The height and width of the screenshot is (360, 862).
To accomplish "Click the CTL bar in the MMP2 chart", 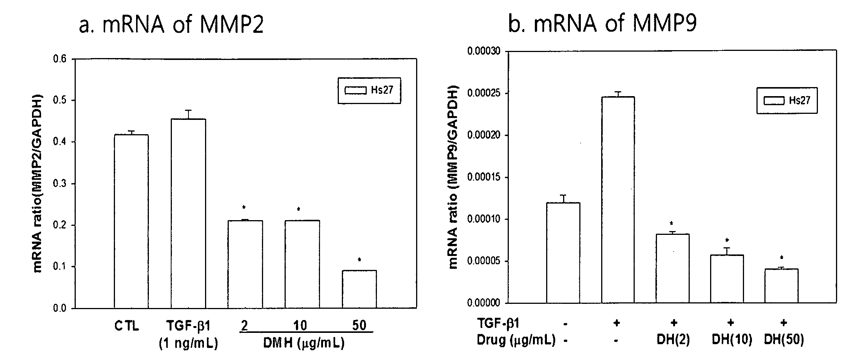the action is [131, 221].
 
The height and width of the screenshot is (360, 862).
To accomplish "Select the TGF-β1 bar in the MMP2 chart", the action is [188, 213].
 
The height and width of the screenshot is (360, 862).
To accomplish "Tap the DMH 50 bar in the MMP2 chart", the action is [359, 289].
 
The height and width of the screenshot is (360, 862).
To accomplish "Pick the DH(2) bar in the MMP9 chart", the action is [672, 268].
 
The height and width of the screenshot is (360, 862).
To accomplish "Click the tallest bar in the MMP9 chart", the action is [618, 199].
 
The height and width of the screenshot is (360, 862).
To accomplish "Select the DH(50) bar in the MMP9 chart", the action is [781, 285].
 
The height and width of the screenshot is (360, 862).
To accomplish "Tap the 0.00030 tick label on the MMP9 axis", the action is [484, 51].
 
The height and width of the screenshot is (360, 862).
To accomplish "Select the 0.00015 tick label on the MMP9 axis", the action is [484, 177].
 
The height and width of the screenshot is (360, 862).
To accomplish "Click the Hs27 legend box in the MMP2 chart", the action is [369, 90].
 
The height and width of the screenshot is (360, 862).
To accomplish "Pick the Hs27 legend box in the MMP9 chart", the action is [787, 100].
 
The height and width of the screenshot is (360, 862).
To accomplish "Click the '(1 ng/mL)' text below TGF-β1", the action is [188, 343].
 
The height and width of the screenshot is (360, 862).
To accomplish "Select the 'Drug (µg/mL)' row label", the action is [516, 340].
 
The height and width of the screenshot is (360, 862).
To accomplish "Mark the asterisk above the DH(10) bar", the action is [727, 240].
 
